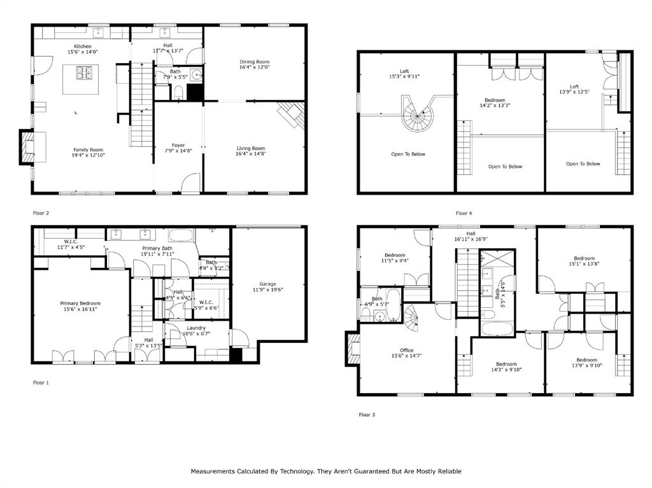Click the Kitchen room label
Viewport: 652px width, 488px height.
click(83, 46)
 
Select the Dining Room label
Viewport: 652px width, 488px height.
click(255, 62)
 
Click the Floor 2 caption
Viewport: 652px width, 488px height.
click(41, 213)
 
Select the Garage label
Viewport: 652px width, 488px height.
click(267, 284)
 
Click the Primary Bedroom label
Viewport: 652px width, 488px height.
click(80, 303)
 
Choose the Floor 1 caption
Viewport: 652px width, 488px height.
click(41, 382)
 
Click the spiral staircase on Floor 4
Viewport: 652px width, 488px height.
click(417, 116)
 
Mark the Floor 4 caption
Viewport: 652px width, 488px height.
click(464, 213)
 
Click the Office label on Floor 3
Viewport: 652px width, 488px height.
click(406, 350)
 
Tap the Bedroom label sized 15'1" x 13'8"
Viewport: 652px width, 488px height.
click(584, 258)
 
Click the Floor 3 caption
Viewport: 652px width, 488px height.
click(367, 414)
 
